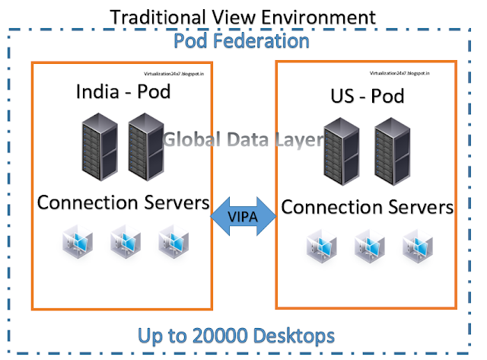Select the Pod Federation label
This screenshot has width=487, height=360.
243,40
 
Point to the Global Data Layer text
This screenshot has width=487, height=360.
243,139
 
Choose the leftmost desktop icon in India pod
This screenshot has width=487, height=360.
78,243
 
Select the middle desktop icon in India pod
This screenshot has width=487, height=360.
126,243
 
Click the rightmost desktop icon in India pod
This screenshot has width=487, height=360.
173,243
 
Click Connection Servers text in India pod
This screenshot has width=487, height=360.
123,203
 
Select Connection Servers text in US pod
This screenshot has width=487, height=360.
367,206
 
